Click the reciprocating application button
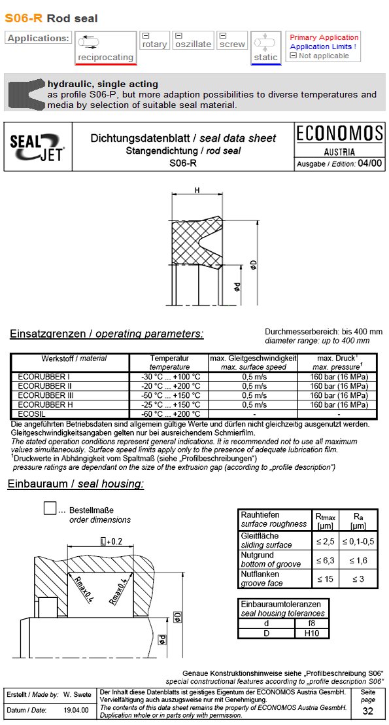point(105,48)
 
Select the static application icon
point(265,48)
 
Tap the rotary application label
point(155,44)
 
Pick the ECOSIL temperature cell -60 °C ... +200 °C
point(170,414)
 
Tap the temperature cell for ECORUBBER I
point(170,377)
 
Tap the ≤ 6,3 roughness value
point(325,560)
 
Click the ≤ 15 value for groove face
point(325,578)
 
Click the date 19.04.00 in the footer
point(76,710)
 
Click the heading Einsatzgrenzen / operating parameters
point(107,334)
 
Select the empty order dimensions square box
point(50,508)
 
